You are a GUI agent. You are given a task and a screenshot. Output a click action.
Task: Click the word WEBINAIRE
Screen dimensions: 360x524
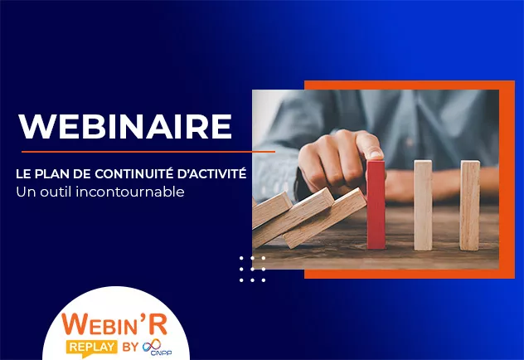pos(125,125)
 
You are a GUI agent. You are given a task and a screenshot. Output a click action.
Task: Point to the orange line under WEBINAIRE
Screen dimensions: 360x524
pos(148,153)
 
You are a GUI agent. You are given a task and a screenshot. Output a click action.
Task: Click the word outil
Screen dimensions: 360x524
pos(55,192)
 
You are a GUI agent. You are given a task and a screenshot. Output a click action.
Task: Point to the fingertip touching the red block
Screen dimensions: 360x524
pos(374,153)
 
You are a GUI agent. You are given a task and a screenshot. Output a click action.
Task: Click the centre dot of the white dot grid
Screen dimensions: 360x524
pos(252,269)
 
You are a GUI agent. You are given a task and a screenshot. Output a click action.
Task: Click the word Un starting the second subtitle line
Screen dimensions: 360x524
pos(24,192)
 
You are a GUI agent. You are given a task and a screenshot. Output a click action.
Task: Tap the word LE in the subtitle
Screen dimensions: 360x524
pos(23,175)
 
